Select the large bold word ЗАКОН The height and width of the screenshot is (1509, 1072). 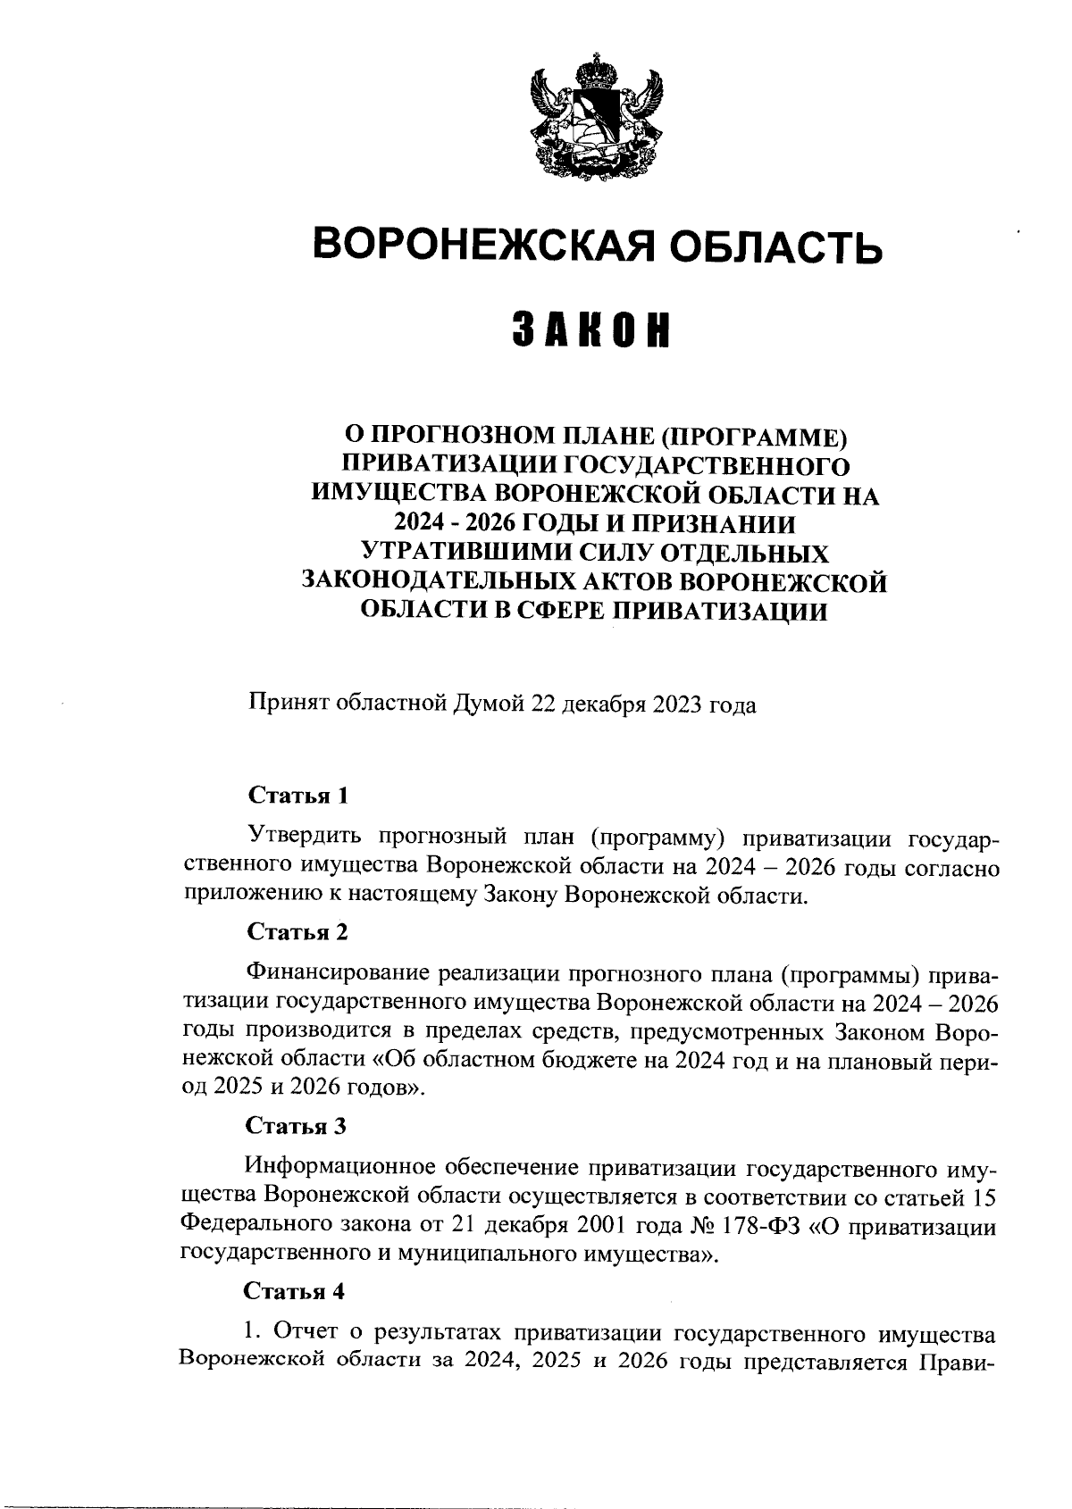coord(591,331)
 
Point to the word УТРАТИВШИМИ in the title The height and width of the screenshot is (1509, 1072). coord(473,553)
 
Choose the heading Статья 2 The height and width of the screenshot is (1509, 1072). coord(297,932)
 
